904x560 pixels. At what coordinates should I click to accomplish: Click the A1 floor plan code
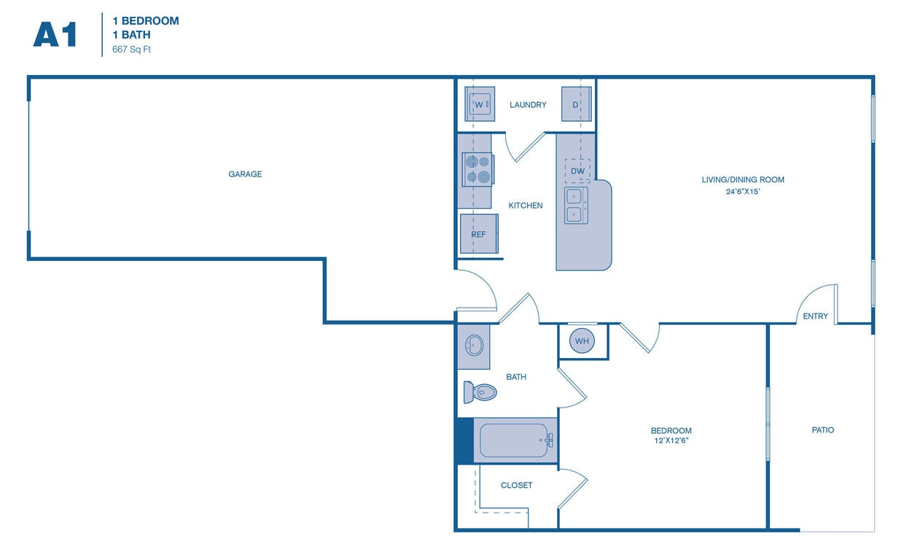click(55, 34)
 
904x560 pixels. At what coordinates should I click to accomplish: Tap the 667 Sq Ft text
click(131, 50)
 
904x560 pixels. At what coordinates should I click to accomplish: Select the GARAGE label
click(245, 174)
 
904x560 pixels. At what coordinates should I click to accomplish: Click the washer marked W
click(480, 105)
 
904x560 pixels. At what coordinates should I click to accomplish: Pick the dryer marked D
click(576, 105)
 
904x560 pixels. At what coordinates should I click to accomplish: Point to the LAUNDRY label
click(528, 105)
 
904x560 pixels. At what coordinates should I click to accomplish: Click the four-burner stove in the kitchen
click(478, 169)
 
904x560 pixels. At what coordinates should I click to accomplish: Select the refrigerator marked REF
click(479, 234)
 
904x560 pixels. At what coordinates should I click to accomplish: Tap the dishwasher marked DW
click(577, 171)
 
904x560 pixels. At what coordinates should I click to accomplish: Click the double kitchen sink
click(575, 205)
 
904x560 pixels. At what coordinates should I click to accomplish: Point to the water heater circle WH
click(582, 341)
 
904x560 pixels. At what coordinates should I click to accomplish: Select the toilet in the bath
click(479, 392)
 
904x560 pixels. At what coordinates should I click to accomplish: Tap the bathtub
click(514, 440)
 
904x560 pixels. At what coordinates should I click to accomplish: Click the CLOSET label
click(516, 485)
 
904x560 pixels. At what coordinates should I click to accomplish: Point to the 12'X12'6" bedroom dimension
click(671, 441)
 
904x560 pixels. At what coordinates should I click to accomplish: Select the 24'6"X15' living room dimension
click(742, 192)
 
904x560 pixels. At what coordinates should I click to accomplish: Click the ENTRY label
click(815, 316)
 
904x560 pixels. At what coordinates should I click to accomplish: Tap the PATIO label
click(822, 430)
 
